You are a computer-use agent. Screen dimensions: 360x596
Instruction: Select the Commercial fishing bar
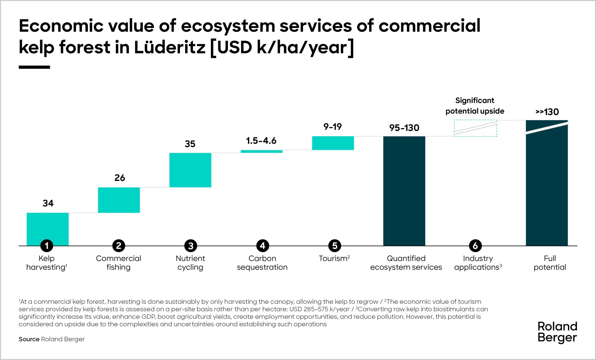click(119, 200)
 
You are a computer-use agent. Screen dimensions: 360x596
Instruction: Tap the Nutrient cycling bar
click(190, 170)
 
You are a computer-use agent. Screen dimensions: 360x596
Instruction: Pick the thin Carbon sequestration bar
click(261, 152)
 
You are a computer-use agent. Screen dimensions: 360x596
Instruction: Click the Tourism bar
click(333, 143)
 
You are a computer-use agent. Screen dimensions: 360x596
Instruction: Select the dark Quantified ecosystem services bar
click(404, 191)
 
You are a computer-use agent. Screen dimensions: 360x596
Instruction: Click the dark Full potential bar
click(547, 186)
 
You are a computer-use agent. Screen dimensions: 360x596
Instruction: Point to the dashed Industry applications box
click(475, 128)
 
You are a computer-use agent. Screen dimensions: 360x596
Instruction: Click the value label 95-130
click(404, 128)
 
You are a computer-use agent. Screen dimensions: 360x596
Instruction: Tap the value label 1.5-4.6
click(261, 141)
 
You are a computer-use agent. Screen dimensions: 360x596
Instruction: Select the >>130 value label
click(547, 112)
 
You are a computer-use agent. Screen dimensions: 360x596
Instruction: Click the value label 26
click(120, 178)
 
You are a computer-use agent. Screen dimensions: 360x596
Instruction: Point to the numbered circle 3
click(191, 246)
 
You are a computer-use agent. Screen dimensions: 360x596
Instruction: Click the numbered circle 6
click(475, 246)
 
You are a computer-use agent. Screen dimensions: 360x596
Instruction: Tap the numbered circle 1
click(47, 246)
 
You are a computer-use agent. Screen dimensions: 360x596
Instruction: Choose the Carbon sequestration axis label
click(262, 263)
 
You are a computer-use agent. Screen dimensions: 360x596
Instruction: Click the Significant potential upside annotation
click(475, 106)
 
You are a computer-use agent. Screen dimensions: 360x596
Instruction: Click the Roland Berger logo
click(557, 332)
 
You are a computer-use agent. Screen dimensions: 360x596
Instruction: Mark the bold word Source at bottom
click(29, 339)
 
